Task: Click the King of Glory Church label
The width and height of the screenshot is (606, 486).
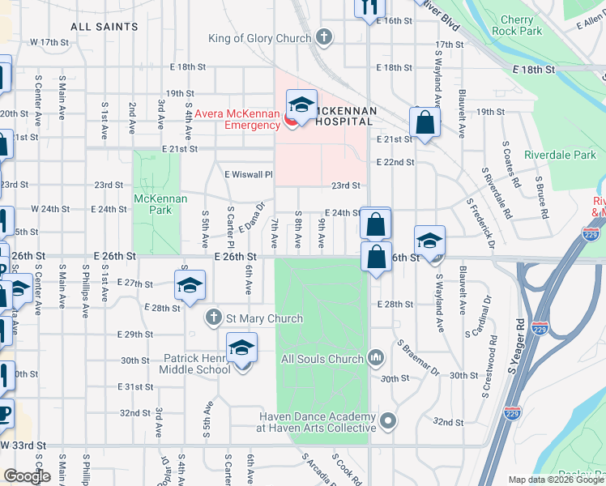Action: click(x=259, y=38)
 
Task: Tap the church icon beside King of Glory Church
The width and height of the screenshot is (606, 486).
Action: click(x=324, y=37)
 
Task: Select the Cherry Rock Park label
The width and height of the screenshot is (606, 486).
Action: click(x=521, y=25)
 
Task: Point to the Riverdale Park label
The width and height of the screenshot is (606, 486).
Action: click(x=560, y=154)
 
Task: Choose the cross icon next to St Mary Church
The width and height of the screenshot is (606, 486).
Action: click(x=213, y=318)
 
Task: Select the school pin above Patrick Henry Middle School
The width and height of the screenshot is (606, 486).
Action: click(x=241, y=348)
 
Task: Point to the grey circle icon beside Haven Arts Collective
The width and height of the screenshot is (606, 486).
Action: click(x=389, y=421)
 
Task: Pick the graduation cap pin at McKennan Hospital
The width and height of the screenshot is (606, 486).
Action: click(x=301, y=105)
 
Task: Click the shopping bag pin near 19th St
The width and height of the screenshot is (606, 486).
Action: click(x=425, y=123)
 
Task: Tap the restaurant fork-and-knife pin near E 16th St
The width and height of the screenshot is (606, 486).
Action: click(x=368, y=7)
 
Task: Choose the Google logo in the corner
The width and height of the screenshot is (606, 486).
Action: click(x=27, y=476)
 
